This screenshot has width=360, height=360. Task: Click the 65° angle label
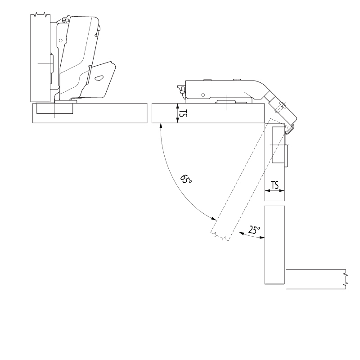click(186, 179)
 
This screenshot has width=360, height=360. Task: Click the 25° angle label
click(254, 230)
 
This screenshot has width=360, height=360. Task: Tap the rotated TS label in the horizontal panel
click(183, 113)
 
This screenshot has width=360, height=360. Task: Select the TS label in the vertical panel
click(274, 185)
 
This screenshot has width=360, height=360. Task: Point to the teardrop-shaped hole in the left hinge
click(99, 78)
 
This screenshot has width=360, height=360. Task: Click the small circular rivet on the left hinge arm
click(61, 40)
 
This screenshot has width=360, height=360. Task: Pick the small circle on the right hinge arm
click(203, 95)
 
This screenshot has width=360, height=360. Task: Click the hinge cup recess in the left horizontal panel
click(54, 108)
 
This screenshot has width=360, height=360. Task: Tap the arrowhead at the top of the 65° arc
click(161, 126)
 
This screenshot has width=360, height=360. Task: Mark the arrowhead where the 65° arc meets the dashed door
click(214, 218)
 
